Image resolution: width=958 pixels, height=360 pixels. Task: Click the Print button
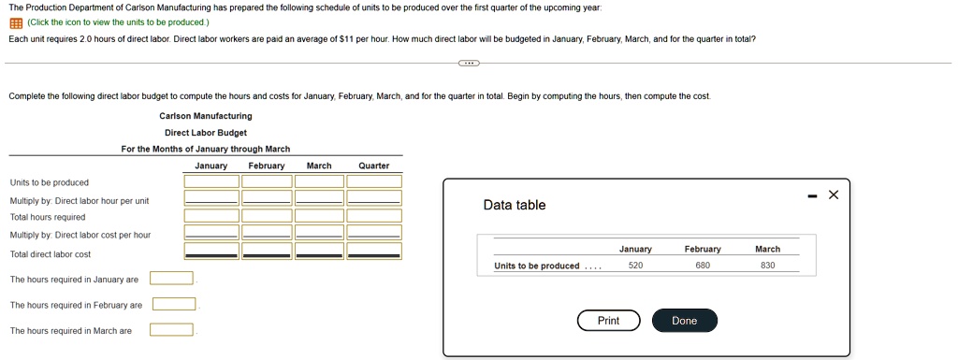click(608, 321)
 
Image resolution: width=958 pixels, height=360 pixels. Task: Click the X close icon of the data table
click(834, 194)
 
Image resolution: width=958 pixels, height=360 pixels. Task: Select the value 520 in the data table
click(635, 266)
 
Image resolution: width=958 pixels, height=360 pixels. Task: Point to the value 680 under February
click(703, 266)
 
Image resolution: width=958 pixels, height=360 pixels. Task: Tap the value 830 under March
click(768, 266)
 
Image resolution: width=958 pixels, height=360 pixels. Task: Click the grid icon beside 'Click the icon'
click(16, 22)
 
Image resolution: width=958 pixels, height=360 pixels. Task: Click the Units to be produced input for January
click(211, 181)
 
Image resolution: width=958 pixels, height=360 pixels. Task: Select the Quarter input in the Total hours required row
click(374, 215)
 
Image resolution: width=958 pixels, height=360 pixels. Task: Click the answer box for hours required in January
click(172, 279)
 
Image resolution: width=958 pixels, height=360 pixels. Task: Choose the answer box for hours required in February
click(174, 304)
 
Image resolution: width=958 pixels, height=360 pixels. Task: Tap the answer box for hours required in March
click(172, 329)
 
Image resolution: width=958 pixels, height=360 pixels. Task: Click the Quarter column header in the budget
click(374, 166)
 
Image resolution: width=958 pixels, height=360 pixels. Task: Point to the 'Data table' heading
click(515, 205)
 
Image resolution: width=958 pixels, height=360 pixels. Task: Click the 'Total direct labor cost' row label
click(51, 253)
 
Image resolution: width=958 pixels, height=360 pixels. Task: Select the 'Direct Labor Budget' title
click(206, 133)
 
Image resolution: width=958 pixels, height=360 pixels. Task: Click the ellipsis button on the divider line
click(469, 63)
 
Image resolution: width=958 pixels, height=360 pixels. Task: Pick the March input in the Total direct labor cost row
click(319, 251)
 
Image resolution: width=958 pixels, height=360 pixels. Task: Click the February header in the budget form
click(267, 166)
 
